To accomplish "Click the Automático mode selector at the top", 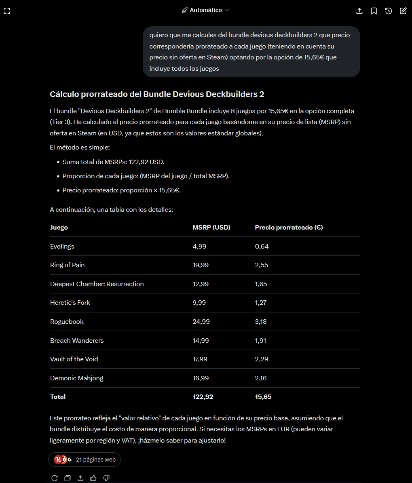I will pyautogui.click(x=205, y=10).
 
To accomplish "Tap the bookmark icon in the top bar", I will pyautogui.click(x=374, y=11).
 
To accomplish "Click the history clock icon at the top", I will pyautogui.click(x=389, y=11).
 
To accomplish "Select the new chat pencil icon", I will pyautogui.click(x=403, y=11).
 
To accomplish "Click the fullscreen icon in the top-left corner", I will pyautogui.click(x=7, y=11).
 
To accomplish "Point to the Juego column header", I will pyautogui.click(x=59, y=228).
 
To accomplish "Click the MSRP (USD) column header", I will pyautogui.click(x=211, y=228).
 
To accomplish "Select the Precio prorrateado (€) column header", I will pyautogui.click(x=289, y=228).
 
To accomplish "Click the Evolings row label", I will pyautogui.click(x=62, y=247).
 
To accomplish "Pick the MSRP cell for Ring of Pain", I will pyautogui.click(x=201, y=265).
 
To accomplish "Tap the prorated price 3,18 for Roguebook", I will pyautogui.click(x=261, y=322).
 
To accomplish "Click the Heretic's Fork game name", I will pyautogui.click(x=70, y=303).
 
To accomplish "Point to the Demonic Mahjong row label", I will pyautogui.click(x=77, y=378).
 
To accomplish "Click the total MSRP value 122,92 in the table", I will pyautogui.click(x=203, y=397).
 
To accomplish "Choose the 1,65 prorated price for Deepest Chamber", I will pyautogui.click(x=261, y=284).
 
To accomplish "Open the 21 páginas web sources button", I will pyautogui.click(x=85, y=460).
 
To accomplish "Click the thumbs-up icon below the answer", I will pyautogui.click(x=93, y=478).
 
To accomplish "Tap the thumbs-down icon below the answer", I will pyautogui.click(x=106, y=478).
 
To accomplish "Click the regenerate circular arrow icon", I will pyautogui.click(x=55, y=478).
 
